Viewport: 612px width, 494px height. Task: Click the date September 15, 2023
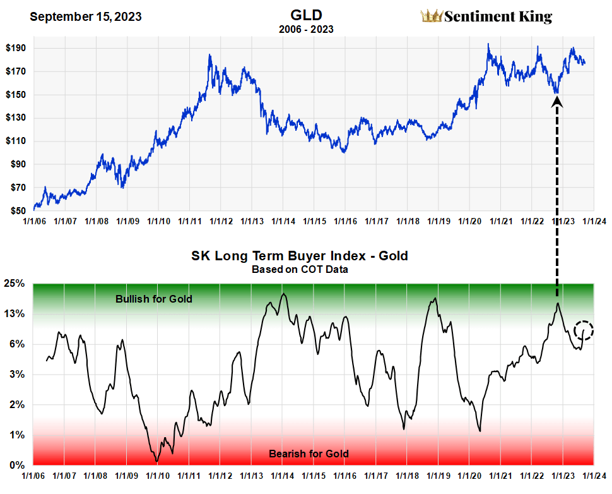[x=85, y=16]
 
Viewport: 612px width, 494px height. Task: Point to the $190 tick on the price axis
[x=16, y=49]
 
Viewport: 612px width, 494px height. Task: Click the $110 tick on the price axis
[x=16, y=142]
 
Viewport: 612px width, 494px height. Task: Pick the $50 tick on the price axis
[x=16, y=211]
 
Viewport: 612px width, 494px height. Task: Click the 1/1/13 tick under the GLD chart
[x=250, y=222]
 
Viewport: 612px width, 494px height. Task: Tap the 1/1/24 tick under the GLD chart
[x=594, y=222]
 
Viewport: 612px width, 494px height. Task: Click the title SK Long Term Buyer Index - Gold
[x=300, y=256]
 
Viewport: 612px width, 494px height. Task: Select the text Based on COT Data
[x=300, y=268]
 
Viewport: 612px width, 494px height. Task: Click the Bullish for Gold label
[x=154, y=298]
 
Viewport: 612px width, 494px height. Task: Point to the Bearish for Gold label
[x=309, y=454]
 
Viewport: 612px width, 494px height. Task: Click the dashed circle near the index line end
[x=584, y=329]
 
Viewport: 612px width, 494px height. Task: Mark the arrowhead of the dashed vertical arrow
[x=557, y=100]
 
